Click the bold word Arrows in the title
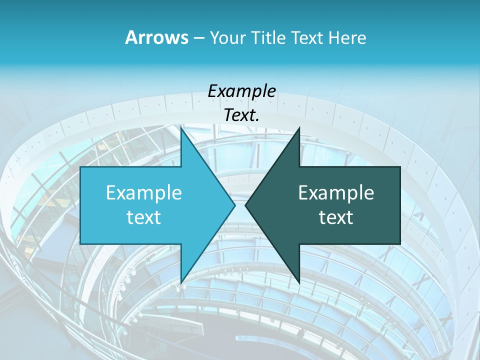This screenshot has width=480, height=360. coord(156,37)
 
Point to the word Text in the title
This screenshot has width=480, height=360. coord(307,38)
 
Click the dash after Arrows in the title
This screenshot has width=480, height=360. coord(198,38)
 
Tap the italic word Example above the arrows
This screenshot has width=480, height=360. coord(241,91)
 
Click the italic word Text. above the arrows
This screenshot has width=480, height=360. coord(241,115)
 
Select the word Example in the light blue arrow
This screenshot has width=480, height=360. coord(144,192)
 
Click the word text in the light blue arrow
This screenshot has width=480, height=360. coord(144,217)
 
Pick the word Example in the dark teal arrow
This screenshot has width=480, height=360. coord(336,192)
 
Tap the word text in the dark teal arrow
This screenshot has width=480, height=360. coord(336,217)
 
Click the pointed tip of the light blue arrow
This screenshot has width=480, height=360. coord(235,205)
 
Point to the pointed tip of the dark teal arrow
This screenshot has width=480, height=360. coord(245,205)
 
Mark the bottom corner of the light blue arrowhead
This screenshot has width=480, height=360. coord(181,283)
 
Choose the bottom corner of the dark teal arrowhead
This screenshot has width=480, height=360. coord(299,283)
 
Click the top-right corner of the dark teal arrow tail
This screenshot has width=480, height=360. coord(400,167)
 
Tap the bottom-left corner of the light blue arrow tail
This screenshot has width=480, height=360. coord(80,244)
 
